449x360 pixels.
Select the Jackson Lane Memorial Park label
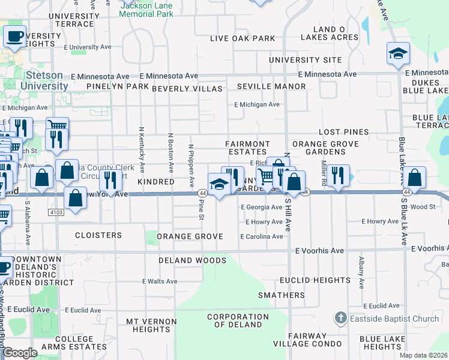(x=146, y=9)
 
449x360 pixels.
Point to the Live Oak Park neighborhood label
(x=243, y=38)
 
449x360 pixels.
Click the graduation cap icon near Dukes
(x=398, y=55)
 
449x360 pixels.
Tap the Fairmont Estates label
(x=247, y=148)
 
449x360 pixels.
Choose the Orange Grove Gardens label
(x=325, y=148)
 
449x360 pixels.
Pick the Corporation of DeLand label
(x=238, y=320)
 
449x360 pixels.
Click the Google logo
(x=20, y=353)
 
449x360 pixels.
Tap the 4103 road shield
(x=56, y=212)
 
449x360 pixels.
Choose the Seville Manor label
(x=271, y=86)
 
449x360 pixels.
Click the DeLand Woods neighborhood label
(x=192, y=260)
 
